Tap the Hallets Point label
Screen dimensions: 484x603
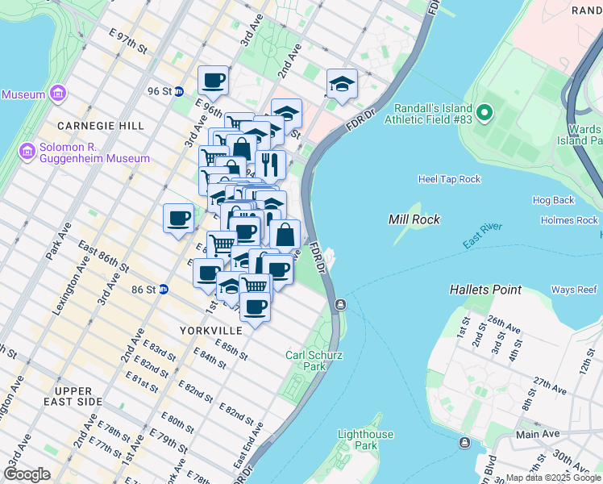pyautogui.click(x=485, y=289)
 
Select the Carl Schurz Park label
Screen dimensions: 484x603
pyautogui.click(x=306, y=360)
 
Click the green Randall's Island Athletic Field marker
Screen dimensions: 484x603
pyautogui.click(x=484, y=113)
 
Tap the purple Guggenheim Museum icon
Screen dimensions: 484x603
pyautogui.click(x=27, y=151)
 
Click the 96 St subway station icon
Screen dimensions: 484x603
pyautogui.click(x=179, y=92)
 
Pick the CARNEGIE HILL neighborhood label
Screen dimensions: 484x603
pyautogui.click(x=101, y=126)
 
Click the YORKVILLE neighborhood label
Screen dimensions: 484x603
pyautogui.click(x=211, y=331)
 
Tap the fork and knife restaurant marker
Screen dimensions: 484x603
pyautogui.click(x=270, y=164)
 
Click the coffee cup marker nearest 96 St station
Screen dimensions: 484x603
pyautogui.click(x=213, y=80)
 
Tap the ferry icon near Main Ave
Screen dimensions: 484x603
pyautogui.click(x=464, y=442)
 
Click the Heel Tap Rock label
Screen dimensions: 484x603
pyautogui.click(x=449, y=179)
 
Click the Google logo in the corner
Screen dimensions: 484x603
pyautogui.click(x=27, y=474)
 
